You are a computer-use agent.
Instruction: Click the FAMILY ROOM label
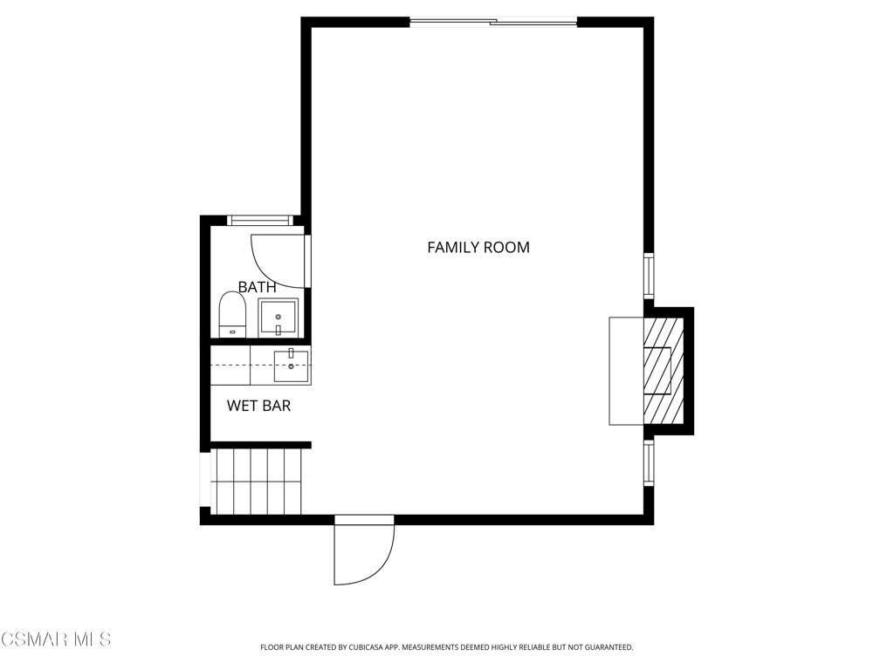tap(478, 247)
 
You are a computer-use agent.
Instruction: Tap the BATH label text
tap(258, 287)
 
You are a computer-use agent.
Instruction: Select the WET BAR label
tap(258, 406)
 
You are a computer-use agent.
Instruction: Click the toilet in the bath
tap(232, 314)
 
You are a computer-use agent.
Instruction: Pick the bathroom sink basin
tap(278, 318)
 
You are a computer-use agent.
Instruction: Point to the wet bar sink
tap(292, 366)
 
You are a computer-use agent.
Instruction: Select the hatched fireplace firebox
tap(664, 371)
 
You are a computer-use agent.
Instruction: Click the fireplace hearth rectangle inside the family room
tap(627, 371)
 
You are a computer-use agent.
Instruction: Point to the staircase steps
tap(256, 482)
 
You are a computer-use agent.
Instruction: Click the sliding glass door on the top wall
tap(493, 23)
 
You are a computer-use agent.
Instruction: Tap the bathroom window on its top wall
tap(259, 220)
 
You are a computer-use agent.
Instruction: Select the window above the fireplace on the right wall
tap(649, 275)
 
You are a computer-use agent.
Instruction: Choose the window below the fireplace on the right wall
tap(649, 462)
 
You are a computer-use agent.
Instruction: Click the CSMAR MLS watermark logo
tap(55, 639)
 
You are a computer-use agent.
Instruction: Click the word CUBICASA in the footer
tap(372, 647)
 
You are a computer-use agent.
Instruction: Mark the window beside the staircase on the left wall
tap(205, 480)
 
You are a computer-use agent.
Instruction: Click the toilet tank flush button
tap(232, 332)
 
